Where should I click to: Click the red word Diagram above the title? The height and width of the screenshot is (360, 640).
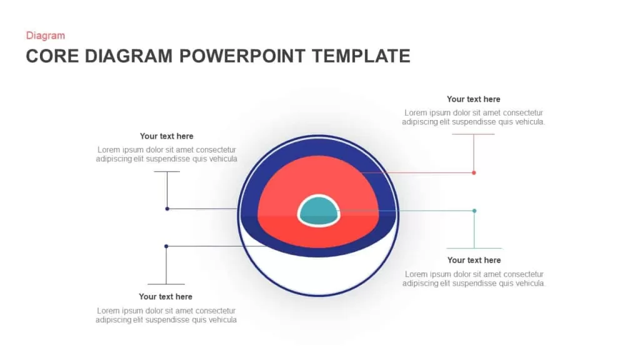[x=45, y=36]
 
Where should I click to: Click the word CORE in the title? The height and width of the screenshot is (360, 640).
[x=52, y=56]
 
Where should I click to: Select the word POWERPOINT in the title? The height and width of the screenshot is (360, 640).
[x=242, y=56]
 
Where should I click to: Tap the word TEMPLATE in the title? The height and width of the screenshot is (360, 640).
[x=361, y=56]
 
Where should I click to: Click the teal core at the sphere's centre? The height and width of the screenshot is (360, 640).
[x=319, y=211]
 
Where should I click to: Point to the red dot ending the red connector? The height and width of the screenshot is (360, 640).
[x=474, y=172]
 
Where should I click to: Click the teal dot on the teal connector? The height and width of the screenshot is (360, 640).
[x=474, y=211]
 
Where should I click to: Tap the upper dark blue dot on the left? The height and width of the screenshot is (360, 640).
[x=167, y=209]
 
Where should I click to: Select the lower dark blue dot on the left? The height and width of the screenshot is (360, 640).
[x=166, y=246]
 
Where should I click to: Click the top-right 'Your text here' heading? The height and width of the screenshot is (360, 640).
[x=474, y=99]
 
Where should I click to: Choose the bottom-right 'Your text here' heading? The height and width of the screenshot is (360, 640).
[x=474, y=261]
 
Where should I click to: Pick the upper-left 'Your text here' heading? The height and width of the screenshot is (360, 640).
[x=166, y=136]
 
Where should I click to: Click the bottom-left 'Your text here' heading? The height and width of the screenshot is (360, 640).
[x=165, y=297]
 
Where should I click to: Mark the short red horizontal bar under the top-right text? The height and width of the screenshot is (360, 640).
[x=474, y=134]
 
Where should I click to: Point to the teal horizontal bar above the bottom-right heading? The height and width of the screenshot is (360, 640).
[x=474, y=248]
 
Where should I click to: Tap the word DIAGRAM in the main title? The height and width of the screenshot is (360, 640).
[x=129, y=56]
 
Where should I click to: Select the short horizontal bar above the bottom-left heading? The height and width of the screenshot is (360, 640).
[x=166, y=284]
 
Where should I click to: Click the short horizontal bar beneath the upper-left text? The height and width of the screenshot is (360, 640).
[x=167, y=171]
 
